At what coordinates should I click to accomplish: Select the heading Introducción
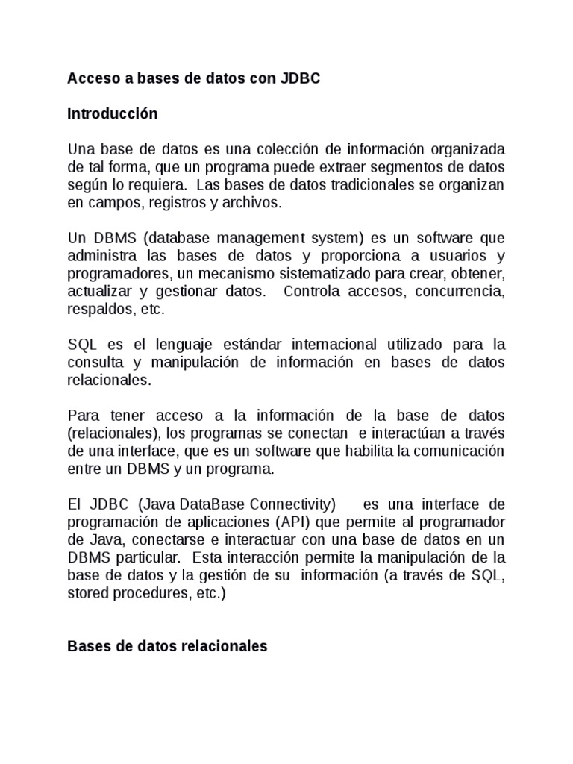(x=113, y=114)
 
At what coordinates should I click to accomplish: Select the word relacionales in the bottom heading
(x=224, y=647)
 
